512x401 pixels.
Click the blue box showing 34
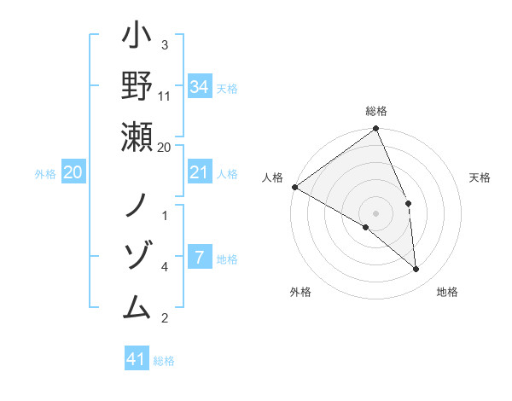point(200,86)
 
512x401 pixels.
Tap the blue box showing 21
point(200,172)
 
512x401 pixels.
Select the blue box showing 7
point(200,258)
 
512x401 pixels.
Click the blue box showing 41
point(137,359)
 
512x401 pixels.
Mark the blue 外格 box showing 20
point(73,173)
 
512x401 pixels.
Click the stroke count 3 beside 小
point(164,45)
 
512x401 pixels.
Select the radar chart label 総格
point(376,111)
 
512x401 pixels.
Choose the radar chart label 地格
point(447,292)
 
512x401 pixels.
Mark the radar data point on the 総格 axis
point(376,130)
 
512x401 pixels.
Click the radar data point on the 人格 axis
point(294,187)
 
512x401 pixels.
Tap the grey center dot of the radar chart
point(376,212)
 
